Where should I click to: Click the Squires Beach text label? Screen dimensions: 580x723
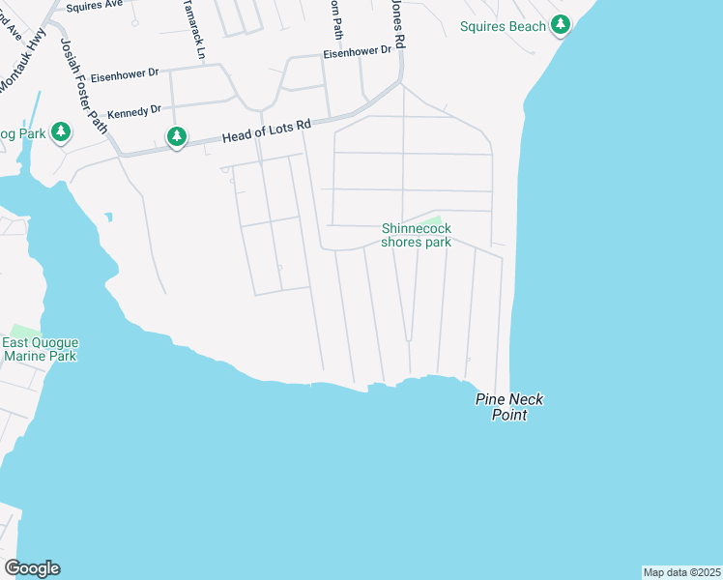tap(503, 26)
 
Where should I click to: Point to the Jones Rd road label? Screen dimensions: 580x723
tap(397, 25)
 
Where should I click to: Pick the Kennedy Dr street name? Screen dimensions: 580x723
tap(134, 112)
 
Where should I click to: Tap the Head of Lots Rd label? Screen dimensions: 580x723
tap(266, 130)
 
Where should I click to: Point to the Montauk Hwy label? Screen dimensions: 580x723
tap(21, 68)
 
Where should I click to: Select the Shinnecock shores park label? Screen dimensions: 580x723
tap(416, 235)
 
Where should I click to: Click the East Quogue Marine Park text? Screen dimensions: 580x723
tap(40, 349)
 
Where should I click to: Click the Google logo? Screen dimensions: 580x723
tap(32, 568)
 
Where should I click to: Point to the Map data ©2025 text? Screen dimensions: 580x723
tap(681, 572)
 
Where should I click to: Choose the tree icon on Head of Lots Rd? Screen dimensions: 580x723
tap(176, 137)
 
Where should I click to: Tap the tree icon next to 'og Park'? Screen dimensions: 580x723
tap(61, 131)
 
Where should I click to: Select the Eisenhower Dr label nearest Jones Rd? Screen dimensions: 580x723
tap(358, 52)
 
